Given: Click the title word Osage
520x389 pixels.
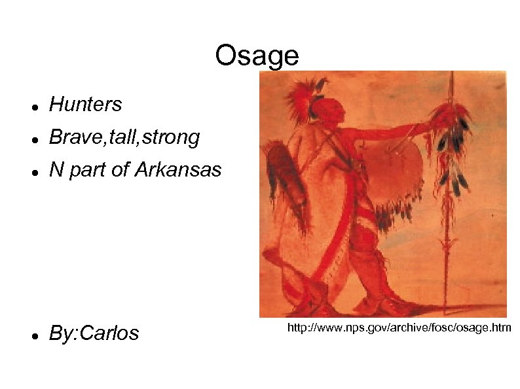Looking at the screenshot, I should click(x=256, y=57).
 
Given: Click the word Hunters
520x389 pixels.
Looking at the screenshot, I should click(x=85, y=104).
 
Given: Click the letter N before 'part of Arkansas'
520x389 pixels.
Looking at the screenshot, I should click(x=56, y=171).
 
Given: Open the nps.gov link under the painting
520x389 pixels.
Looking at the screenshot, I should click(x=399, y=326).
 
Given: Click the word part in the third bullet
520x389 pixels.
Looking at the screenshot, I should click(x=86, y=171).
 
